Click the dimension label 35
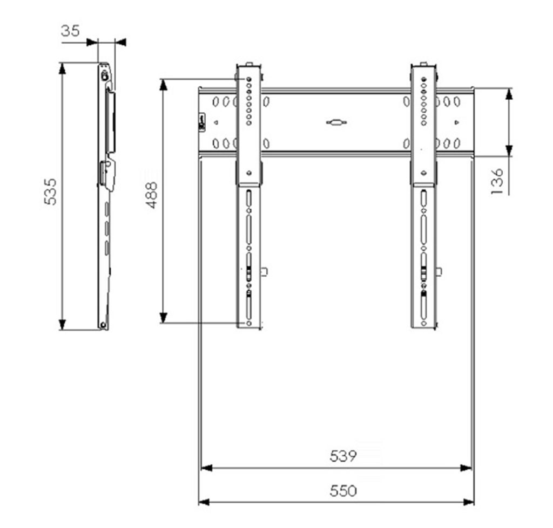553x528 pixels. tap(70, 31)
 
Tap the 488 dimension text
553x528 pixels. tap(151, 195)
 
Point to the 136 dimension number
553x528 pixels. tap(497, 181)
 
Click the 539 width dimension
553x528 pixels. tap(343, 456)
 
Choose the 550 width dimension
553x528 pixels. tap(343, 491)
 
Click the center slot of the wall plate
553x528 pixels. tap(336, 122)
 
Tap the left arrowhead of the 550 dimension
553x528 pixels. tap(204, 502)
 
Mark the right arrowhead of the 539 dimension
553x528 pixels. tap(466, 468)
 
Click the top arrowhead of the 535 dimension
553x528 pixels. tap(63, 68)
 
